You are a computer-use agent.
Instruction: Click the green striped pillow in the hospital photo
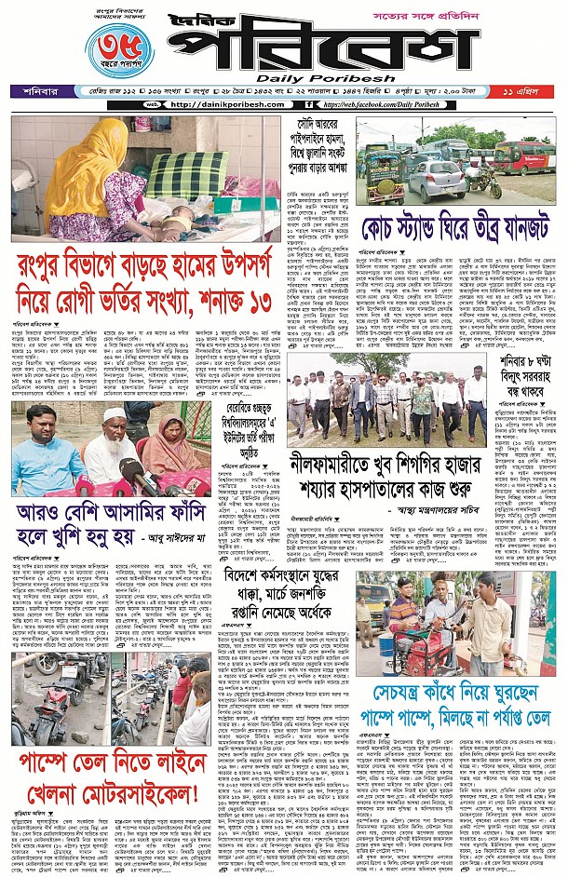[x=187, y=173]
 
